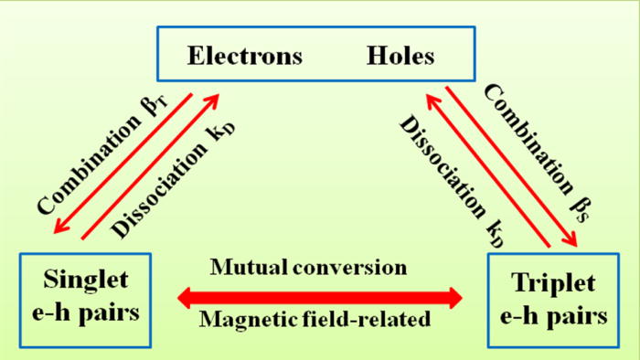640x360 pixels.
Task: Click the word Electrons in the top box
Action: coord(244,57)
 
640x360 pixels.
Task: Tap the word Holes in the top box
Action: coord(400,57)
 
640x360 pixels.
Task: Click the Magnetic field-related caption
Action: coord(321,321)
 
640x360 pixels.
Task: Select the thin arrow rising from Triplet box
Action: coord(484,170)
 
